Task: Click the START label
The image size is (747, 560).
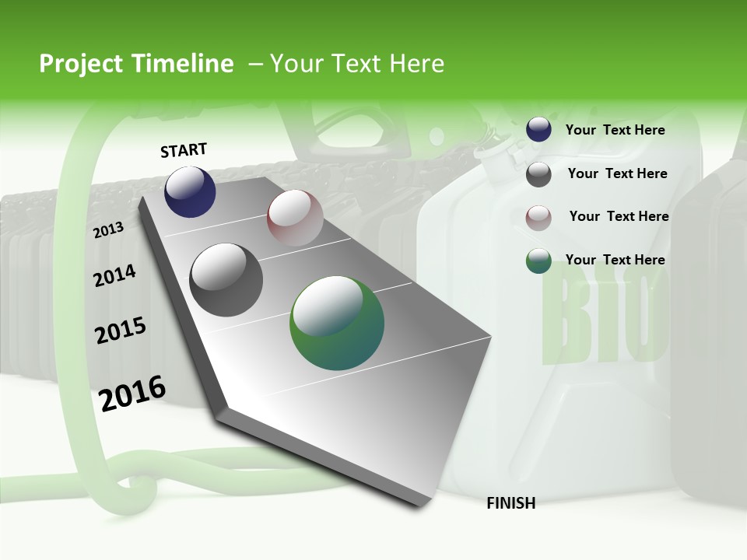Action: pos(184,150)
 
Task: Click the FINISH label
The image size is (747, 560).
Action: pos(510,503)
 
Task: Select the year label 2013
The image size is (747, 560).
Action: pos(108,229)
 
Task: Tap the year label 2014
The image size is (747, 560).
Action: pos(114,275)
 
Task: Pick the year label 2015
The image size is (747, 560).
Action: pos(121,331)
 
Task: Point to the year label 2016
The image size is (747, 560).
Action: pos(132,393)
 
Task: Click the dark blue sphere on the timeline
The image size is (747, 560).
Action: pos(190,191)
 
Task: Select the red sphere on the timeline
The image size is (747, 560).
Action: pos(295,218)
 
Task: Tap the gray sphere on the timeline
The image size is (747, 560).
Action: pos(226,280)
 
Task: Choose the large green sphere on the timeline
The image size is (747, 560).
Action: pos(337,323)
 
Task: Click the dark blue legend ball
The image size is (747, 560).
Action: pos(538,130)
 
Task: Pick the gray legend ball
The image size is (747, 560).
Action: pos(538,174)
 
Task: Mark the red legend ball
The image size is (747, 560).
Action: pos(538,217)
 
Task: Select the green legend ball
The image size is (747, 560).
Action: pos(538,261)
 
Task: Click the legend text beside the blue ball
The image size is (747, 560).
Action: pos(615,130)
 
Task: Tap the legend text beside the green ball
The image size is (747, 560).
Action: pos(615,260)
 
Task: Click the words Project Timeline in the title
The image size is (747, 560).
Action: pos(136,64)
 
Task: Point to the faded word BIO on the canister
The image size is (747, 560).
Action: pos(603,319)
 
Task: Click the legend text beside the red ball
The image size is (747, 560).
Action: pos(619,216)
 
